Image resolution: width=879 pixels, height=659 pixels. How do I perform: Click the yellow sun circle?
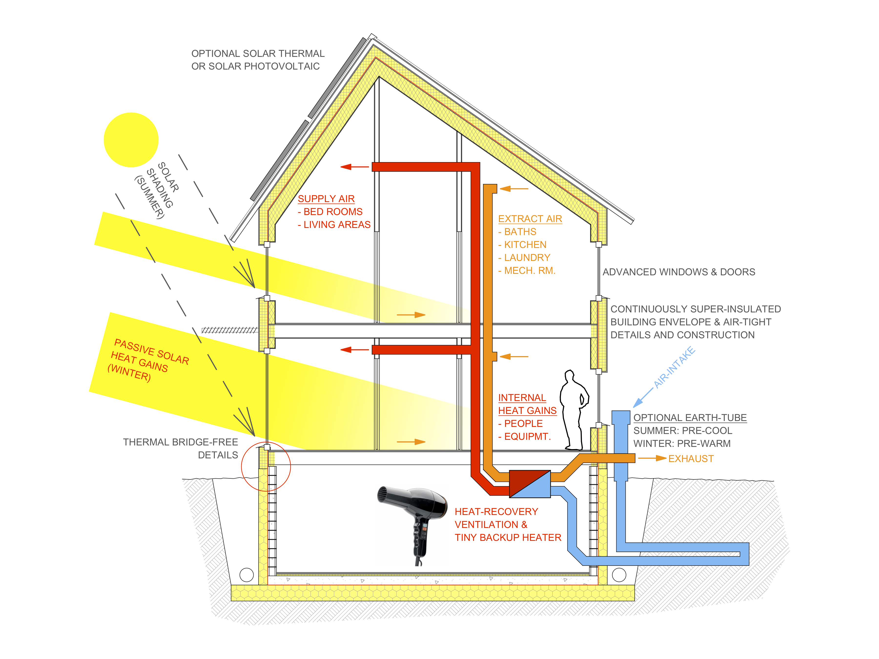[131, 140]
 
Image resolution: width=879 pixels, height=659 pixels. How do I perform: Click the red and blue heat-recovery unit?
[530, 484]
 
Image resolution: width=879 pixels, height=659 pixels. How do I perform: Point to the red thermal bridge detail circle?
[266, 466]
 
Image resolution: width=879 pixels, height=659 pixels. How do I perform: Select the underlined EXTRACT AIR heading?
[530, 219]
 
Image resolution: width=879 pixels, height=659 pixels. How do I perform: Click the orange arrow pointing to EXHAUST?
[652, 458]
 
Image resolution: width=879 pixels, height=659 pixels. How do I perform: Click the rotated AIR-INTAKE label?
[675, 367]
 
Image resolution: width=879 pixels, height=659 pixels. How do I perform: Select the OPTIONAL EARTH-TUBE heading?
[690, 418]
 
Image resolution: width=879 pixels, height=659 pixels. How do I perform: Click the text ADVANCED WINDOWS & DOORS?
[679, 272]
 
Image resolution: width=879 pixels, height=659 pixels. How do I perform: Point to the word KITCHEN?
[525, 245]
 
